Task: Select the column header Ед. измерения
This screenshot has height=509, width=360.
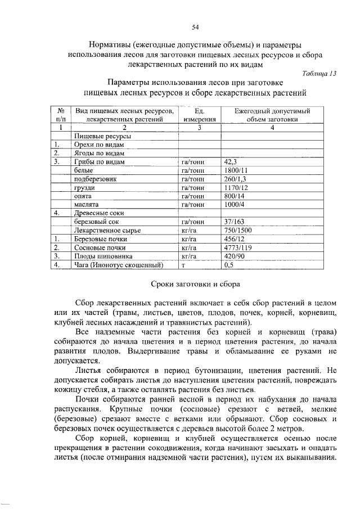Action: click(199, 115)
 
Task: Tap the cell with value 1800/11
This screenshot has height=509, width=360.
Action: click(236, 170)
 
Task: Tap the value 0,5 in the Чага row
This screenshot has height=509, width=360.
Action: click(229, 265)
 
